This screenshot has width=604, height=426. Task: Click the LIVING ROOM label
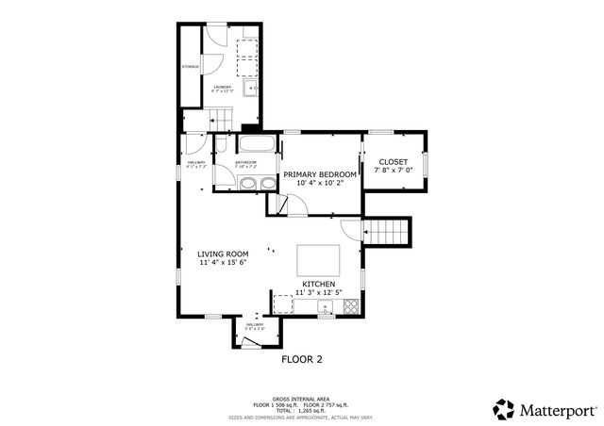click(x=223, y=254)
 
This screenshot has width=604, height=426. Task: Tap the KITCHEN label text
click(x=318, y=284)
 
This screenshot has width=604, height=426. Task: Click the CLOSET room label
click(x=393, y=162)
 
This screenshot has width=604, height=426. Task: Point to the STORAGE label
click(x=191, y=67)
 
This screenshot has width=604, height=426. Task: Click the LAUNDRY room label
click(x=223, y=87)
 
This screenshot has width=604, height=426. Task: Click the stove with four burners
click(x=351, y=305)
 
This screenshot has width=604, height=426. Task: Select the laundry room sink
click(x=250, y=90)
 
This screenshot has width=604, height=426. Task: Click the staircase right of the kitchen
click(x=389, y=231)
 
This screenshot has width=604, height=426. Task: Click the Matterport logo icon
click(x=503, y=409)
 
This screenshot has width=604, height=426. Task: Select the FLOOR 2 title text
click(x=302, y=359)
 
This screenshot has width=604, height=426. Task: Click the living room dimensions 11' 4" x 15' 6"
click(x=223, y=264)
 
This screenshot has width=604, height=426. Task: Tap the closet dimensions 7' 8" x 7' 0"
click(x=393, y=172)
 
